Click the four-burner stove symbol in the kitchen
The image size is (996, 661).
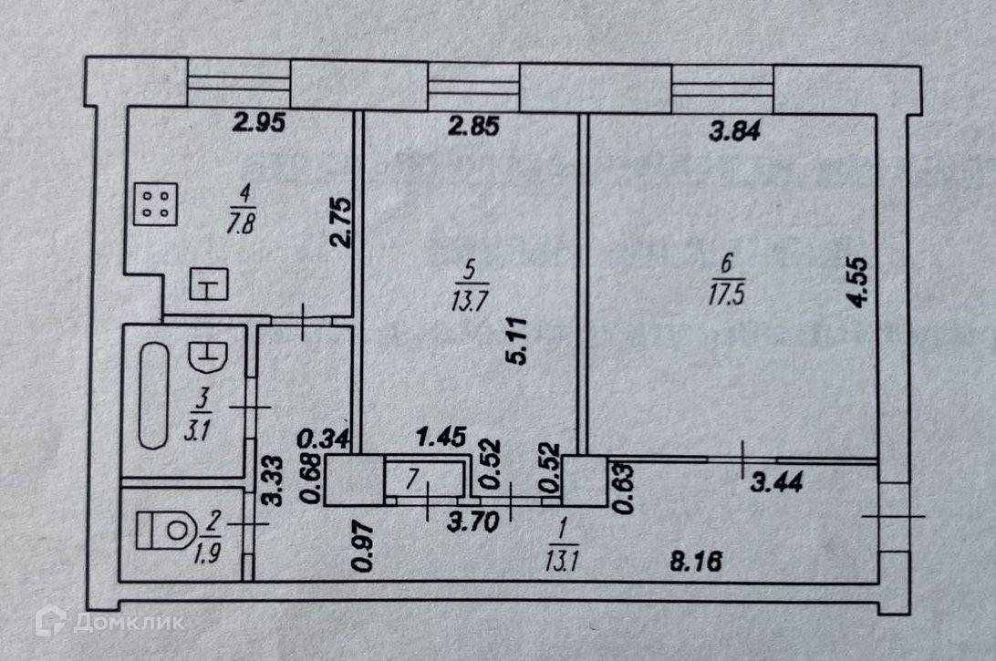(x=155, y=204)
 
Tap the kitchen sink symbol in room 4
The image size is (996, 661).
(x=209, y=285)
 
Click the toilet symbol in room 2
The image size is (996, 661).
(x=164, y=530)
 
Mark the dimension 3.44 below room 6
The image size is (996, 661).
(x=775, y=484)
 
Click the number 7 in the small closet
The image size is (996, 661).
(x=413, y=476)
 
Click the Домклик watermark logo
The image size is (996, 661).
(x=109, y=622)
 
